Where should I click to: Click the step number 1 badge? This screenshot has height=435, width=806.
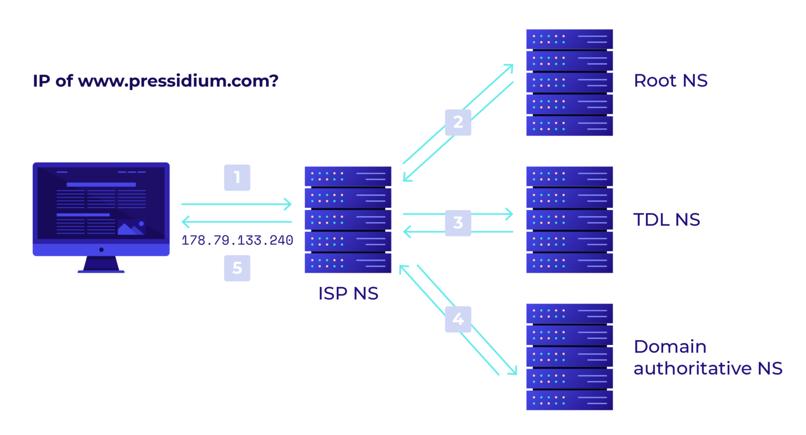coord(237,178)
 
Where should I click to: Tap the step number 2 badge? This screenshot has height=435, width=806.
coord(458,122)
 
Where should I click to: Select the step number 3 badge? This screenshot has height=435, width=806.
coord(458,223)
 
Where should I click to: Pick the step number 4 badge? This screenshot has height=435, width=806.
coord(458,319)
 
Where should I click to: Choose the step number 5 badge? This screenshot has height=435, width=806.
coord(237,268)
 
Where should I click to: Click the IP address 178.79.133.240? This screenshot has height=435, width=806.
coord(237,241)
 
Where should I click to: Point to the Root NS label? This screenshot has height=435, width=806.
coord(670,81)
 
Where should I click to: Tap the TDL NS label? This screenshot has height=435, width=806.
coord(666,220)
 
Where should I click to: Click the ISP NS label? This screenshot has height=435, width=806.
coord(348,294)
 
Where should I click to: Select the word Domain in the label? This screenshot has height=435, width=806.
coord(670,347)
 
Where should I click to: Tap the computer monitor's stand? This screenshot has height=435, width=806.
coord(101,264)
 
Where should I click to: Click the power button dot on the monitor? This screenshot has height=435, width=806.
coord(101,250)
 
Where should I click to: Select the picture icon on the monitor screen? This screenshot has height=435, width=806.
coord(131,228)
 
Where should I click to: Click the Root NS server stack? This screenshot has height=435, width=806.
coord(569,82)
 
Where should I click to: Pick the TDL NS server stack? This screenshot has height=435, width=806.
coord(569,220)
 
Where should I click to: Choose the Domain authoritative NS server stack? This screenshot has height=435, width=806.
coord(569,357)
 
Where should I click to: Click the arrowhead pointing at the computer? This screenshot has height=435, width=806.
coord(185,222)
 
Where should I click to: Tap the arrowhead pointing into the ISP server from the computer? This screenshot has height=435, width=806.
coord(288,204)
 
